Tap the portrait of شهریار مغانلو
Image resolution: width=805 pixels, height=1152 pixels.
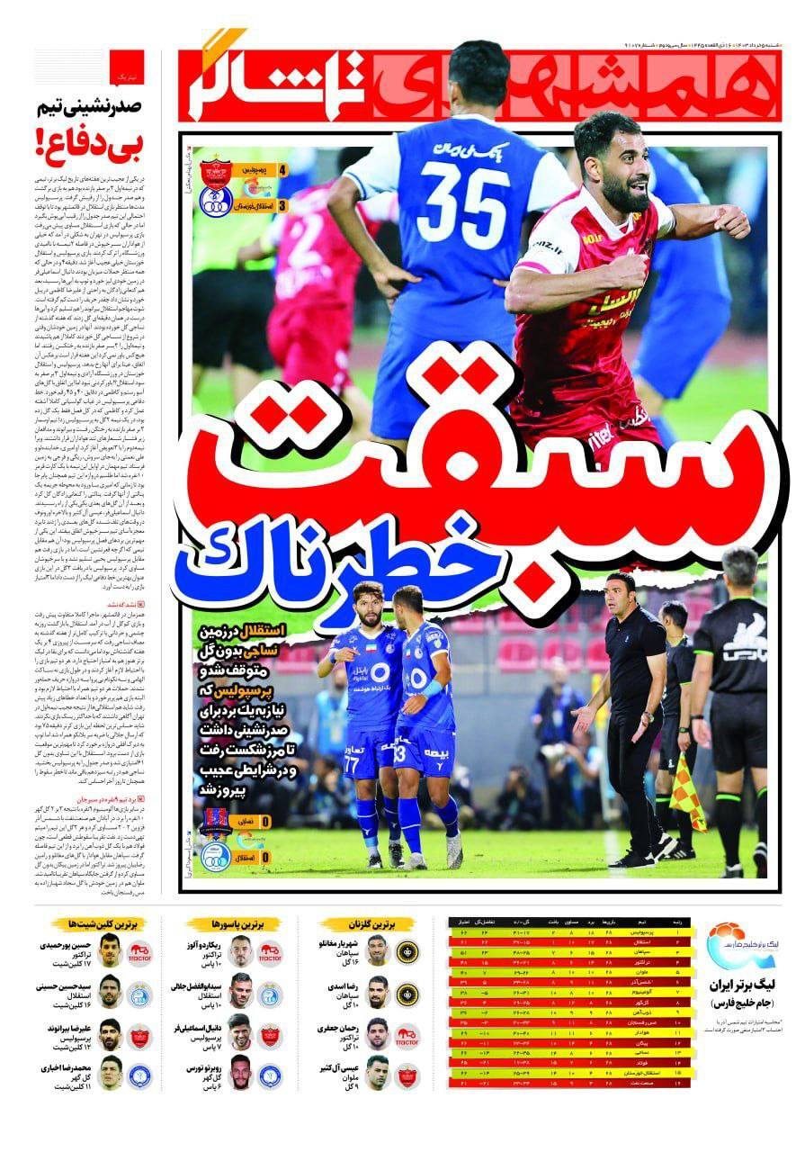click(x=378, y=950)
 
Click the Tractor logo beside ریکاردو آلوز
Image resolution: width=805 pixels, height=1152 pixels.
click(x=271, y=952)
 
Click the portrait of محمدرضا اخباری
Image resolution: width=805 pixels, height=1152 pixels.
click(x=110, y=1072)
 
